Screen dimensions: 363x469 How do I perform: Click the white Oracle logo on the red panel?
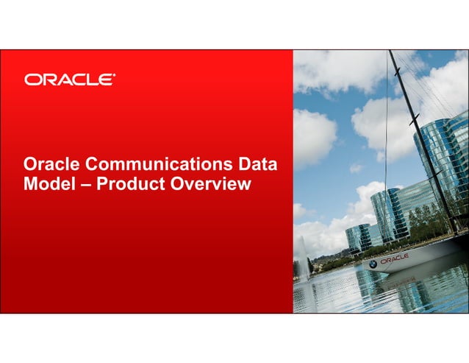(69, 80)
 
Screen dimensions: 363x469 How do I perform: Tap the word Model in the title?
(48, 183)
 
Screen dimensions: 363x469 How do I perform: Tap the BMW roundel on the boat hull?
(373, 263)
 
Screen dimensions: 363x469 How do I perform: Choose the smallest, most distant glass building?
(358, 237)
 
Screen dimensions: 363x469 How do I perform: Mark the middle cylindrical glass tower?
(388, 214)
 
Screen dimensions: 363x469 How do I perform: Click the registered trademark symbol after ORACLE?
(113, 75)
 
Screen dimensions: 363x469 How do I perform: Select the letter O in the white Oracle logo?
(32, 80)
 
